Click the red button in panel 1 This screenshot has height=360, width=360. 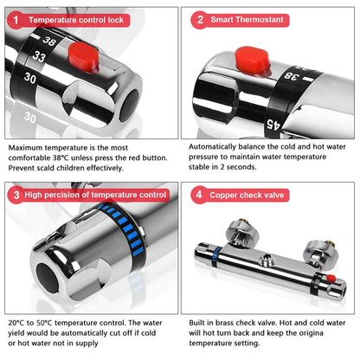click(84, 57)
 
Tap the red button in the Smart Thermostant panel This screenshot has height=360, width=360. click(253, 61)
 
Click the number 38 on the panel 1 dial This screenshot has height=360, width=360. click(48, 41)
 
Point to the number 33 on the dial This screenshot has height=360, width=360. click(39, 56)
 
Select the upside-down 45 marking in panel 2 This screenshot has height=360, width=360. click(273, 125)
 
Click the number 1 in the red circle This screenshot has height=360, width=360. click(16, 20)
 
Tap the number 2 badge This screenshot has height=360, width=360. click(200, 20)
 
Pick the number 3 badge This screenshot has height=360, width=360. click(16, 195)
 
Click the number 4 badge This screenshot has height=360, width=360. click(199, 195)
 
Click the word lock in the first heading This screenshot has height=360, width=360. click(115, 20)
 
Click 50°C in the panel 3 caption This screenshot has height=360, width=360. click(44, 323)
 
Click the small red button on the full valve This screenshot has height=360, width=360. click(331, 278)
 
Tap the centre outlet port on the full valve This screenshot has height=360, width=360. click(267, 259)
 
